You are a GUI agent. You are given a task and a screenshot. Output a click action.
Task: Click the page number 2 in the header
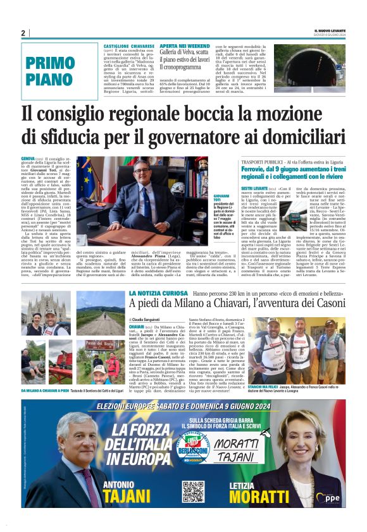tap(23, 33)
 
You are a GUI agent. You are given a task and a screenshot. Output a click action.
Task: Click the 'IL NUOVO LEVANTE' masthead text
tap(329, 30)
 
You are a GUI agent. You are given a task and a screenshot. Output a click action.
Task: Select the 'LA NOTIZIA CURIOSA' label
tap(149, 294)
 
